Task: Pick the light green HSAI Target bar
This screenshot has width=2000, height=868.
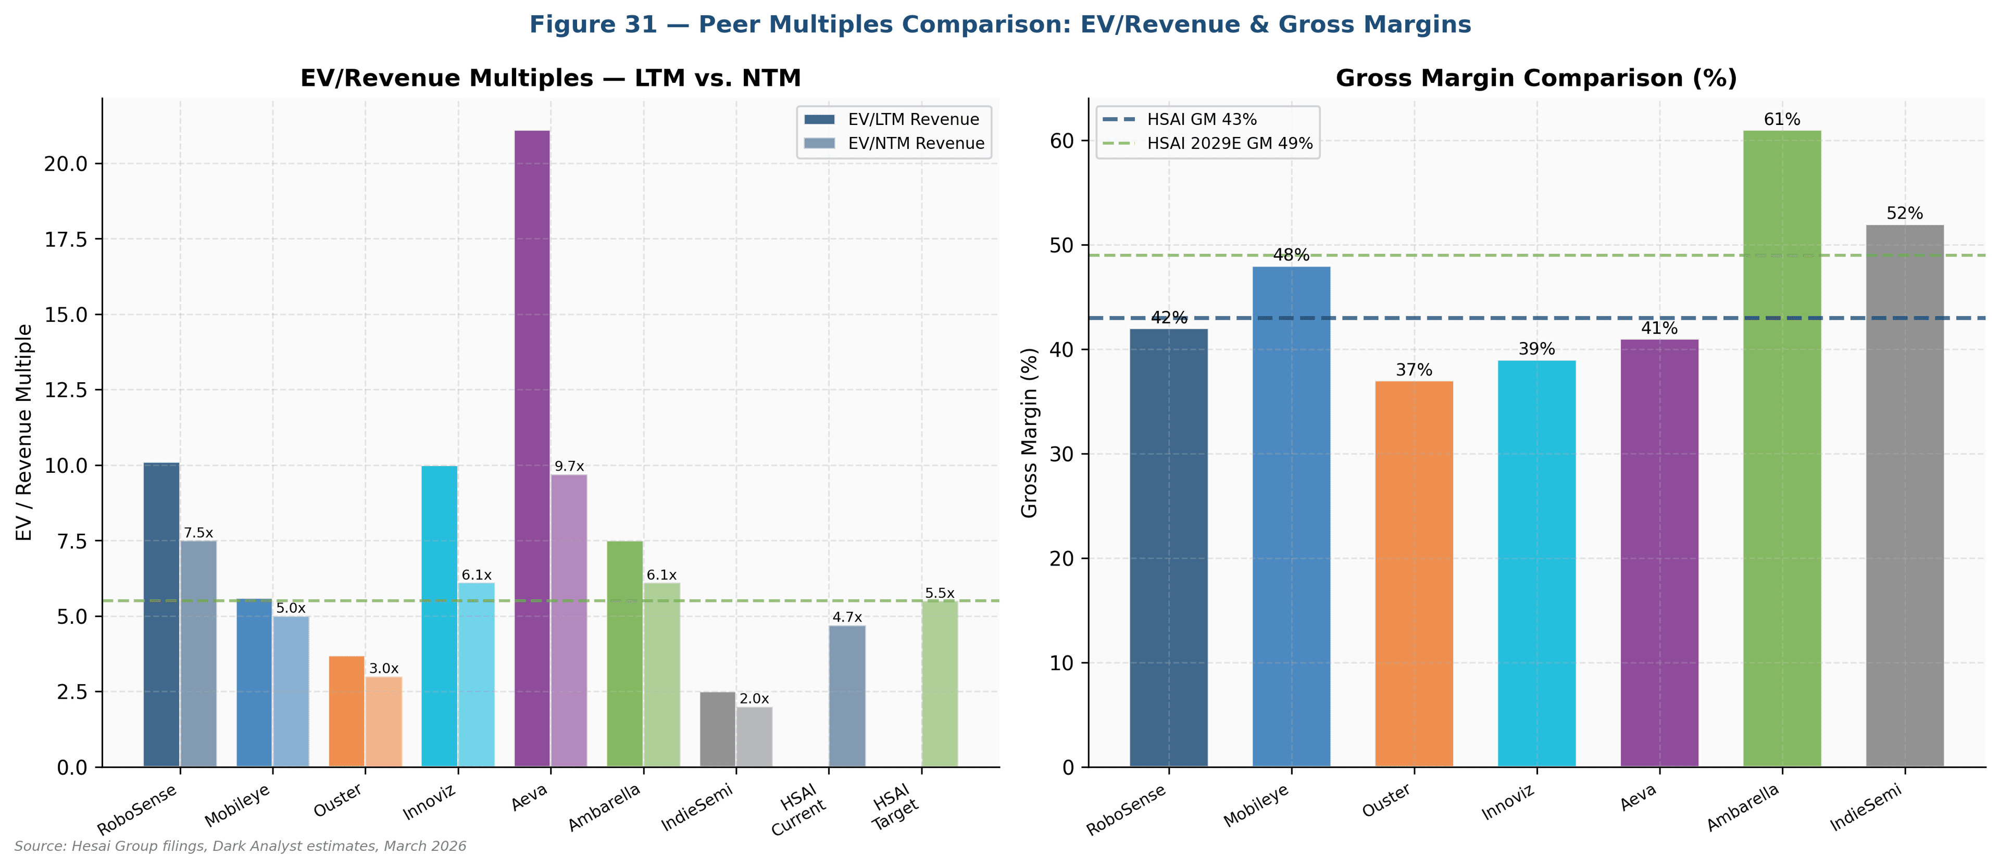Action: (x=940, y=683)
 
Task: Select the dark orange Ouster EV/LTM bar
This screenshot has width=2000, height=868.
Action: (x=346, y=711)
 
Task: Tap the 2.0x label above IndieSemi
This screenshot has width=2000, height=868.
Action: (x=754, y=699)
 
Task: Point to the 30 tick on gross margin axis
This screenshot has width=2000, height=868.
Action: (x=1061, y=454)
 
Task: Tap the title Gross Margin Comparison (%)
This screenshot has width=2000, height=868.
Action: (x=1536, y=79)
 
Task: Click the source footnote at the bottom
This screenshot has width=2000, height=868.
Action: (x=240, y=846)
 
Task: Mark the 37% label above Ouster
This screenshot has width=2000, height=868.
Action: (x=1414, y=370)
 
